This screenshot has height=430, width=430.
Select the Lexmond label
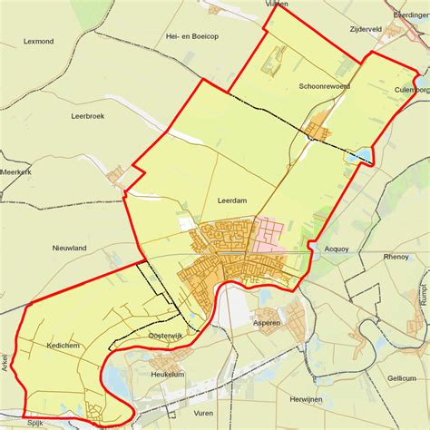[x=39, y=42]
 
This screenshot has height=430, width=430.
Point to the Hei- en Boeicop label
[x=191, y=36]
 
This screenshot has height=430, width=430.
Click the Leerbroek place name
[x=89, y=116]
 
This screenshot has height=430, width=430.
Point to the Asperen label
[x=267, y=322]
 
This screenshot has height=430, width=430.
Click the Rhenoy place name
[x=396, y=257]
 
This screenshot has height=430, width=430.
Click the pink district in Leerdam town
[x=272, y=235]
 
